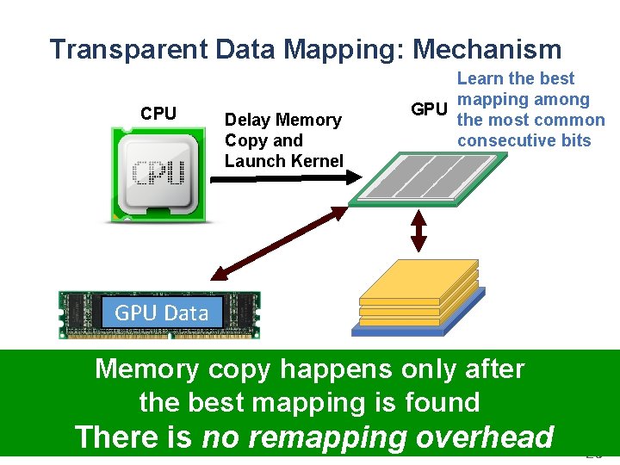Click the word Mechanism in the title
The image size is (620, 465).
tap(487, 50)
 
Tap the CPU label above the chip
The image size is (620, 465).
tap(158, 114)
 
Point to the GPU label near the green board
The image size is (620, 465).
tap(429, 109)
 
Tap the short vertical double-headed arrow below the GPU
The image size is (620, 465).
tap(418, 229)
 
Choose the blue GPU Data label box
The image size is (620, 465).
tap(161, 313)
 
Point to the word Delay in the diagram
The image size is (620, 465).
tap(246, 120)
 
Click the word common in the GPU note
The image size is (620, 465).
tap(567, 120)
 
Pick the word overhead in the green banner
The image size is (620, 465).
tap(486, 437)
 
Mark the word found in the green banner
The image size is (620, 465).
tap(443, 402)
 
